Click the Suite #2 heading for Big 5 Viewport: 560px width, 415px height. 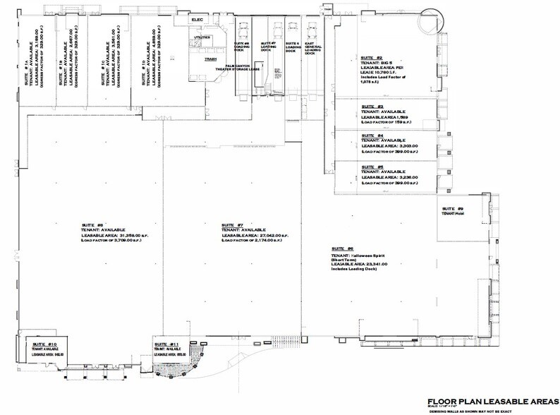(370, 56)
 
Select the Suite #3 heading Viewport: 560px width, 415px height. (369, 107)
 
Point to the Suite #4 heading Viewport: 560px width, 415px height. (369, 136)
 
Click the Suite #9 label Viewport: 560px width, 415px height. (450, 209)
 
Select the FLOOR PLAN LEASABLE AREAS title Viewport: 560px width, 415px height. (480, 398)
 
